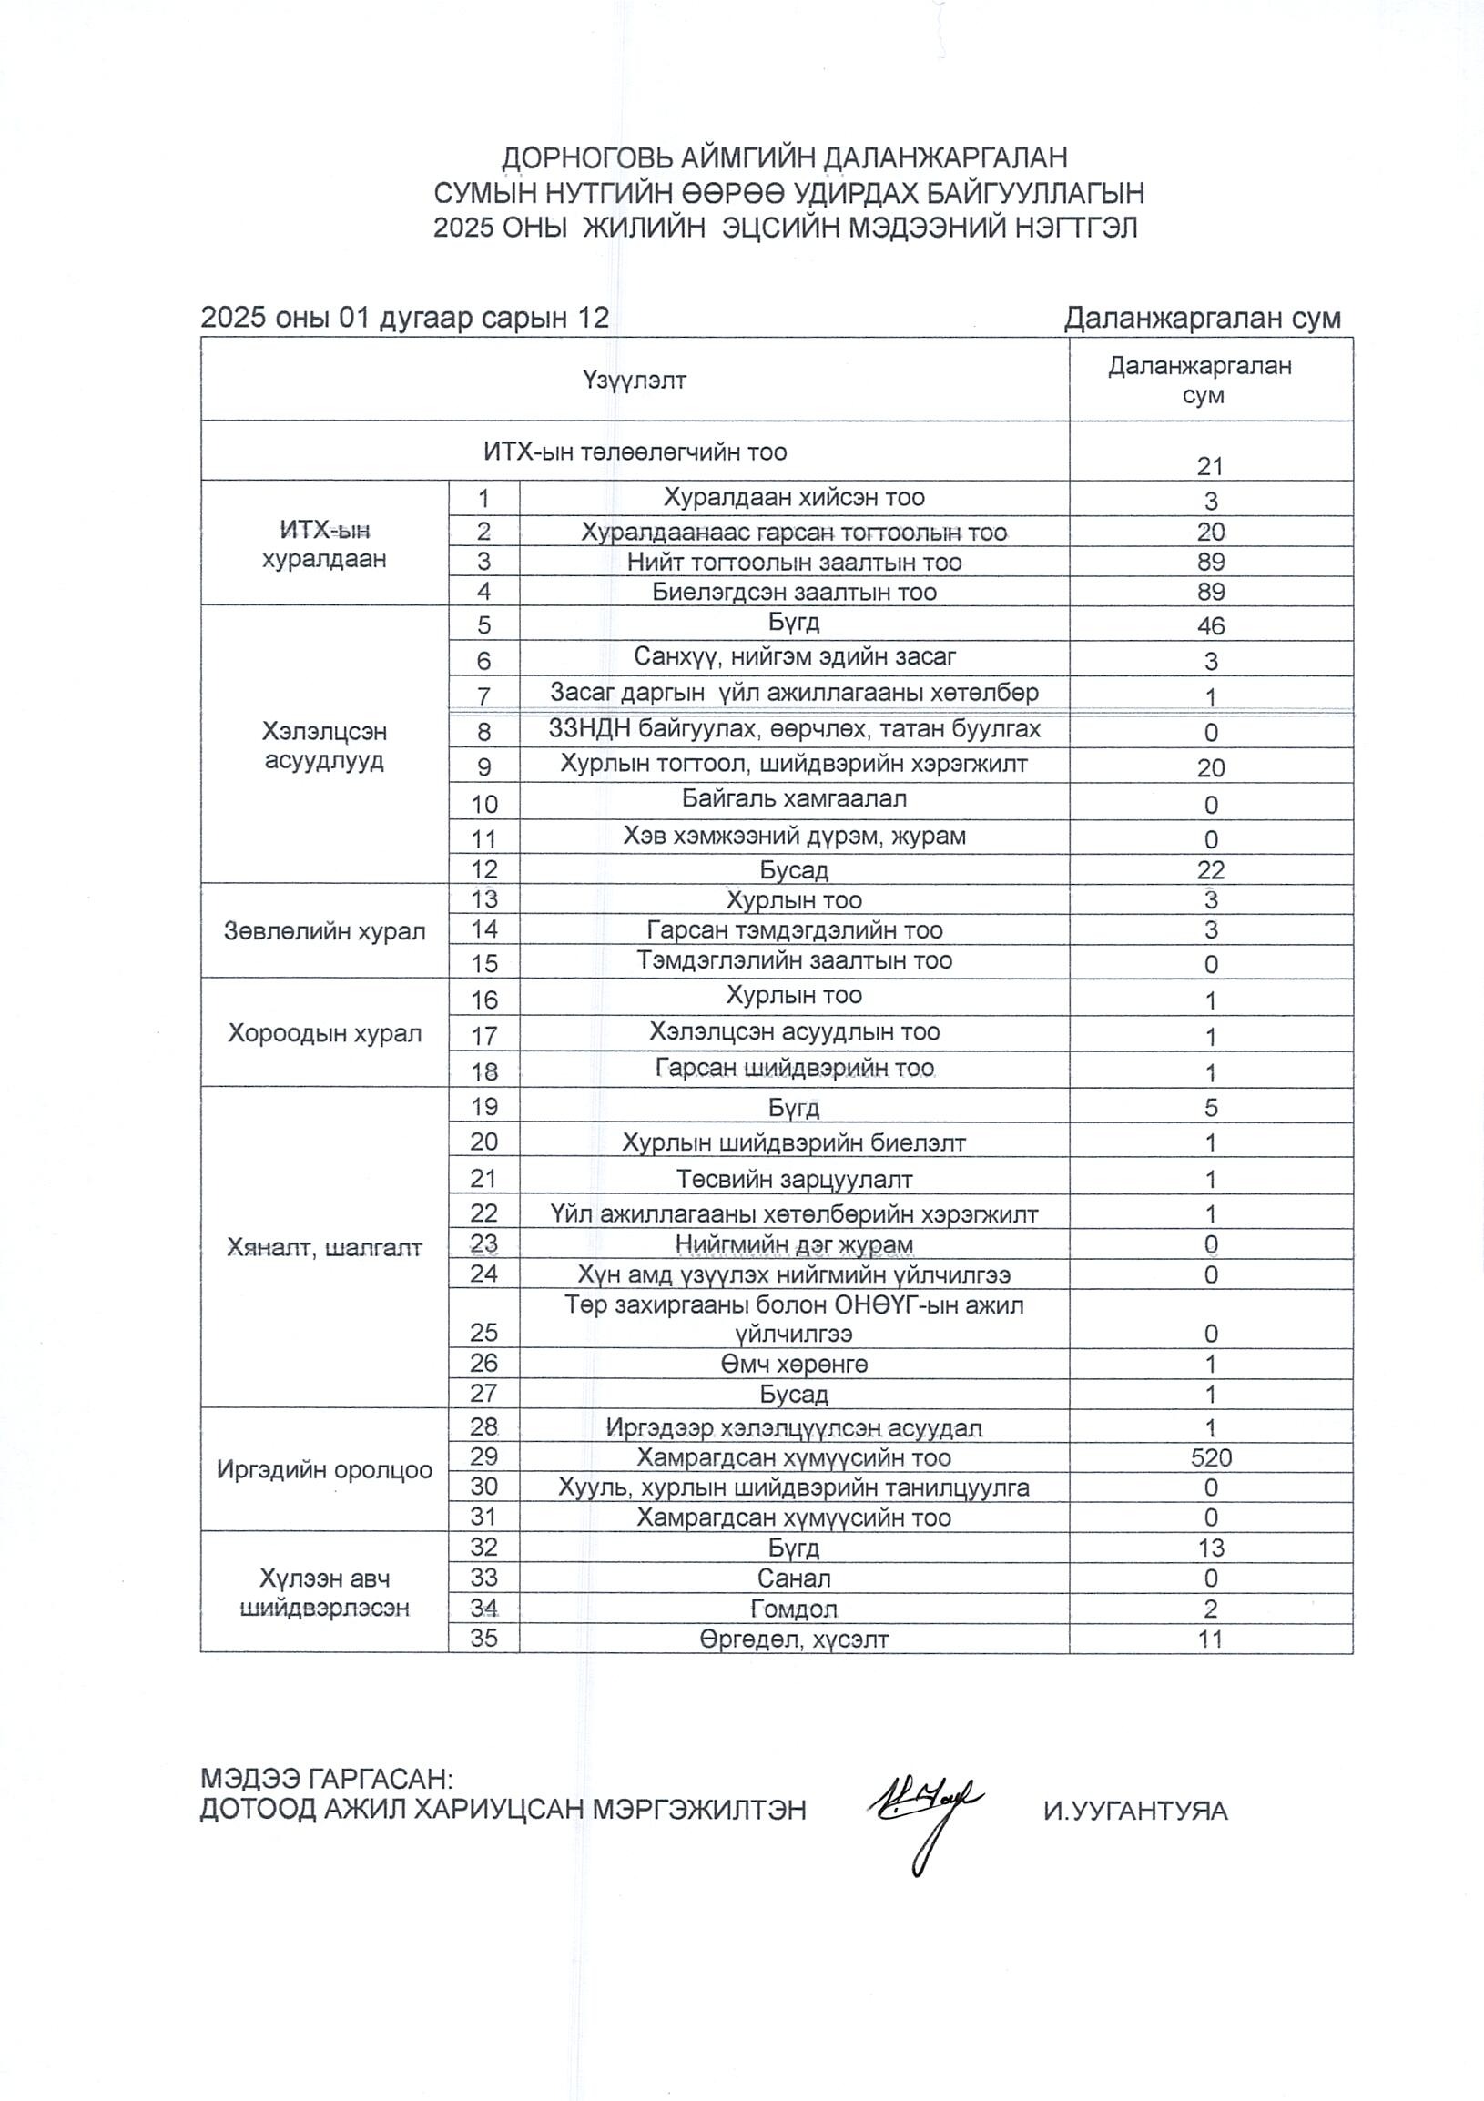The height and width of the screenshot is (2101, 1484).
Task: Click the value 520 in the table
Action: [x=1211, y=1457]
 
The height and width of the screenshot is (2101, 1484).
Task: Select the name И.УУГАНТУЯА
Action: [x=1135, y=1810]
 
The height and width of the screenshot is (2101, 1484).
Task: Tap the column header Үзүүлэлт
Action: [x=634, y=380]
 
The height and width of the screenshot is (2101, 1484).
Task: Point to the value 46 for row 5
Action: [x=1211, y=626]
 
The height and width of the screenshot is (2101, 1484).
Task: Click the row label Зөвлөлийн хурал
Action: [x=325, y=931]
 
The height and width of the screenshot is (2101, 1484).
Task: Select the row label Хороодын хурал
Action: [x=325, y=1033]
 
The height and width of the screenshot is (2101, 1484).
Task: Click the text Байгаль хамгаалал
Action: [x=794, y=799]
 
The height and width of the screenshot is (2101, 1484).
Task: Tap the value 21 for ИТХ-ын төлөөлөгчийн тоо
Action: [x=1211, y=467]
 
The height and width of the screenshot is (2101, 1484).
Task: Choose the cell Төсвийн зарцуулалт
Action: [x=794, y=1180]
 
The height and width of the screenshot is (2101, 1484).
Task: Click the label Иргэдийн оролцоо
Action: [x=325, y=1470]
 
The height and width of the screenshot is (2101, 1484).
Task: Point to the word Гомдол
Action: [x=794, y=1608]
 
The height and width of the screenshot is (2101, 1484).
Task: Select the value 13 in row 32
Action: [x=1211, y=1548]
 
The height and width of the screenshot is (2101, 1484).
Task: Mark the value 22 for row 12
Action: [x=1211, y=869]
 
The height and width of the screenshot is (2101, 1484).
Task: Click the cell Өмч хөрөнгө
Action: [x=794, y=1365]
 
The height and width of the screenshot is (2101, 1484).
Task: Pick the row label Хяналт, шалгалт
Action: [x=325, y=1247]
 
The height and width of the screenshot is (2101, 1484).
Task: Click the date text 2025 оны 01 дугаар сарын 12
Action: [x=404, y=318]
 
